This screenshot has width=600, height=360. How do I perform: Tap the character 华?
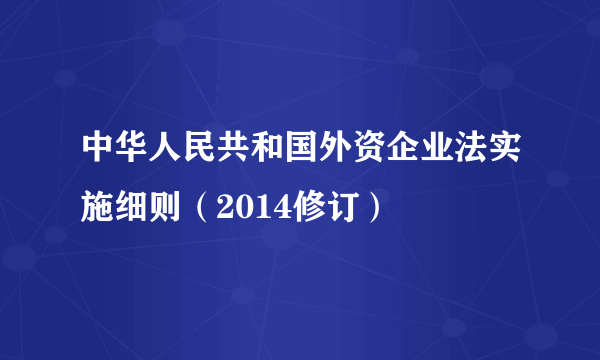click(x=134, y=162)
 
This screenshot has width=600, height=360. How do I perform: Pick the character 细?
click(x=134, y=208)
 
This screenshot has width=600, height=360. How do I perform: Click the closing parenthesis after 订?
click(x=370, y=208)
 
